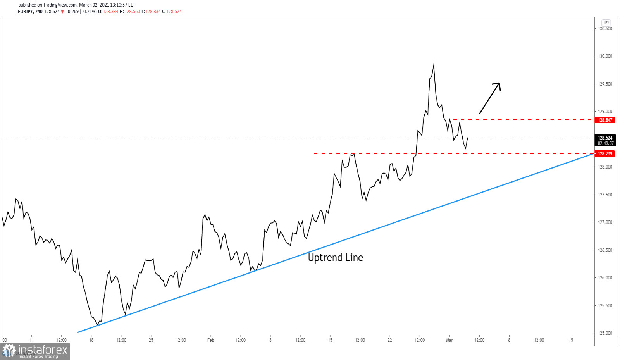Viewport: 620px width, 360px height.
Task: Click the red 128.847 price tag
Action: (x=604, y=120)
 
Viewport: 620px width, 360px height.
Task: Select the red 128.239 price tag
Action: (x=604, y=154)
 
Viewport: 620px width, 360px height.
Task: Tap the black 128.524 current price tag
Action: (x=605, y=138)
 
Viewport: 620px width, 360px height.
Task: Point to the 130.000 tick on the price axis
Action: (x=605, y=56)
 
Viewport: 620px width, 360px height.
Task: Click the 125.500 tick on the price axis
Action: (x=605, y=306)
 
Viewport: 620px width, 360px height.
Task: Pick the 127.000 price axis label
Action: (x=605, y=222)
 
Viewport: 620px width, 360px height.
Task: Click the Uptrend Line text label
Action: (x=335, y=258)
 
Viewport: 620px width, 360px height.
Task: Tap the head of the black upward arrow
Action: (x=499, y=83)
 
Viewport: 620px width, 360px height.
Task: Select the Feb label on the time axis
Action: (x=210, y=340)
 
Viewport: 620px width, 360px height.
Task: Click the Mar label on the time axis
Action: (x=449, y=340)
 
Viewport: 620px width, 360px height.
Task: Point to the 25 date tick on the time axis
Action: (x=151, y=340)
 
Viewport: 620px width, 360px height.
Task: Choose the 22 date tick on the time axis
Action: (x=389, y=340)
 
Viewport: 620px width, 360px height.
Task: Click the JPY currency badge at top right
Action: (x=606, y=23)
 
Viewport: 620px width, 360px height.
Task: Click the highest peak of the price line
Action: (x=434, y=64)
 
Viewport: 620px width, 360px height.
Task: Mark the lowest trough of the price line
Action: (x=97, y=324)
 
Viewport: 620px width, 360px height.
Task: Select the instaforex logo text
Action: (x=43, y=350)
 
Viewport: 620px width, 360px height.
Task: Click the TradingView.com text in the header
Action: (x=60, y=5)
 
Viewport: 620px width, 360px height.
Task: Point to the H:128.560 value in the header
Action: (x=130, y=12)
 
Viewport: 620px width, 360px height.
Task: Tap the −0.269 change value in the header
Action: (x=72, y=12)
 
